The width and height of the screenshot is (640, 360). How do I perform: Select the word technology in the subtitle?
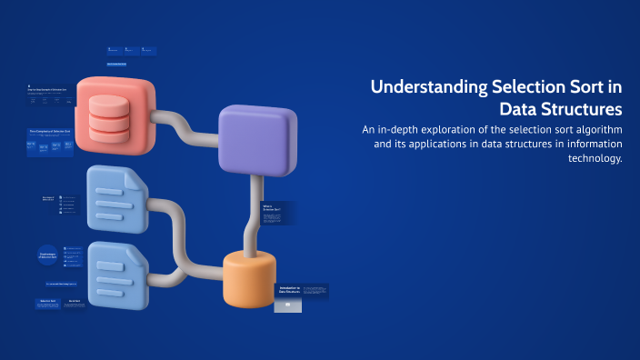tap(594, 158)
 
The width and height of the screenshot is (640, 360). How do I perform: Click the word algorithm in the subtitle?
tap(595, 130)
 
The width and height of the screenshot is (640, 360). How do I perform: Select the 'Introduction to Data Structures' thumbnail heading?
tap(288, 290)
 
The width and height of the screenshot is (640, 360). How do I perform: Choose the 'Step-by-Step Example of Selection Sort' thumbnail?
tap(52, 96)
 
